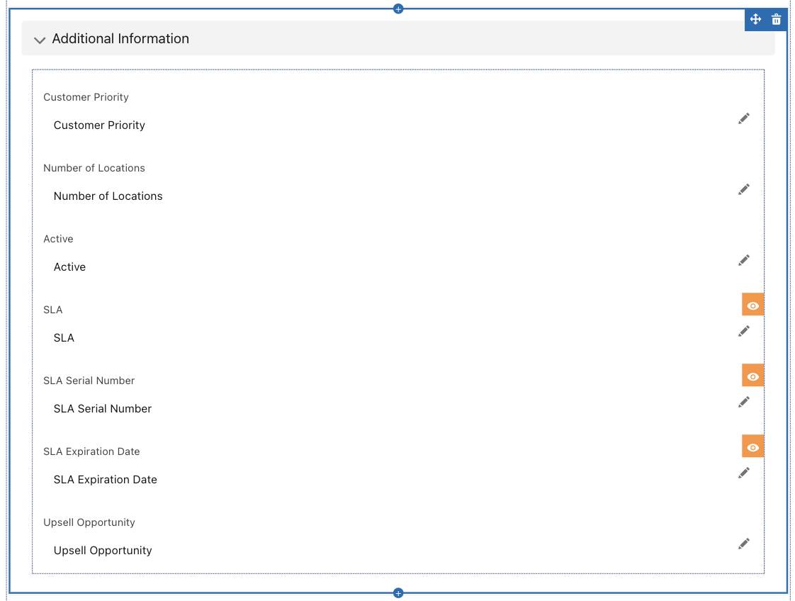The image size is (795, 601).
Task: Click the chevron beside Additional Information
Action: [40, 40]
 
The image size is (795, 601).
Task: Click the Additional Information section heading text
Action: [120, 38]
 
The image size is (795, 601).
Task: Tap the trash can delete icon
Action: [777, 20]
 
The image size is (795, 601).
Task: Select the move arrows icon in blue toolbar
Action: [755, 20]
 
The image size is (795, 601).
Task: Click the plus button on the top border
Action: [398, 9]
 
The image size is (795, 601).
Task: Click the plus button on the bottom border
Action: [398, 593]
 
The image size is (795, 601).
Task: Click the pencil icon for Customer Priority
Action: [744, 118]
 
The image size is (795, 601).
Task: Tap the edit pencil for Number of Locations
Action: [744, 190]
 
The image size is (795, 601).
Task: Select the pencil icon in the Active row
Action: [744, 261]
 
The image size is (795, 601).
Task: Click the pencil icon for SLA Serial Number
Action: [744, 402]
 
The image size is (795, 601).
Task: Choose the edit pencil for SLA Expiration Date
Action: [744, 473]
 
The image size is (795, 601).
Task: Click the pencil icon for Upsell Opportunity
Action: [744, 544]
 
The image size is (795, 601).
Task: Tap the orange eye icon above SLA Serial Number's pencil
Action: [753, 376]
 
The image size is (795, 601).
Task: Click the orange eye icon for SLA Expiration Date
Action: [753, 447]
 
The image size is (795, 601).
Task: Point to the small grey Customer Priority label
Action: [86, 97]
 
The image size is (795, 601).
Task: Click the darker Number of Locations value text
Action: [108, 196]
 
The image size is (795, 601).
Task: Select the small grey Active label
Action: [58, 239]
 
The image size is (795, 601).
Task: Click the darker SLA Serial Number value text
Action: [103, 409]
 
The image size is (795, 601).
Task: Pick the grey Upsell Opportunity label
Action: [89, 523]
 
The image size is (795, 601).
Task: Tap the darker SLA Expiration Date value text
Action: [106, 480]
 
